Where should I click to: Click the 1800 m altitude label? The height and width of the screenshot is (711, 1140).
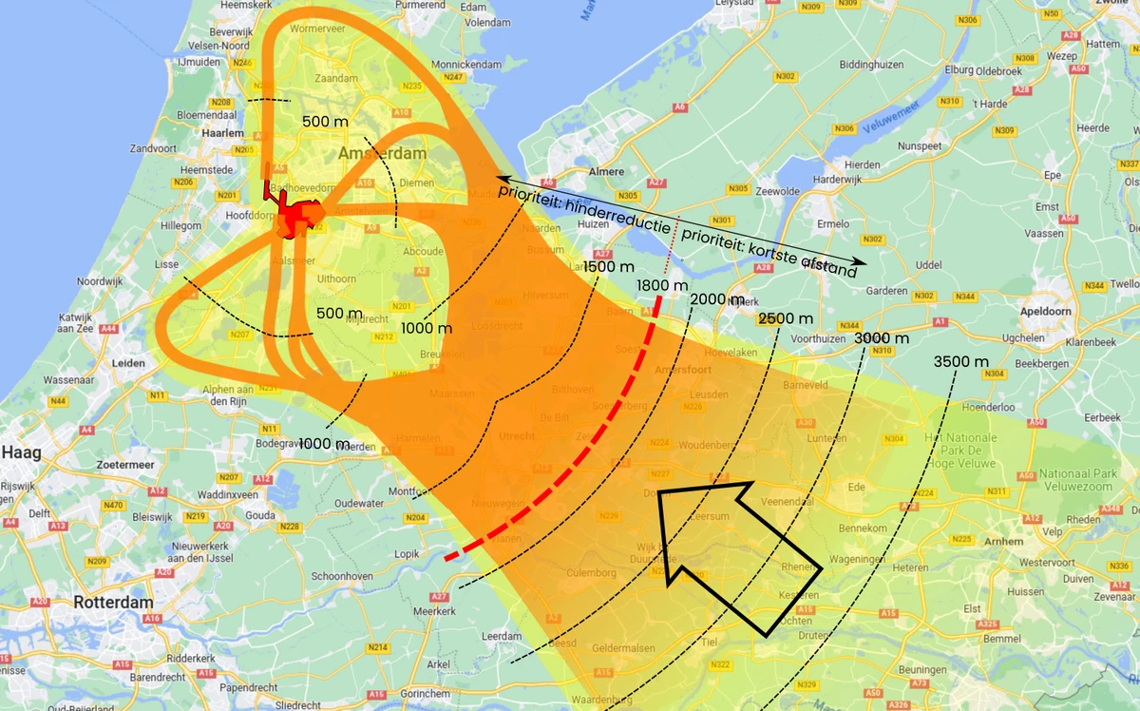click(662, 284)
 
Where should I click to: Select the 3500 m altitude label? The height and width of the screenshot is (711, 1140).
click(961, 361)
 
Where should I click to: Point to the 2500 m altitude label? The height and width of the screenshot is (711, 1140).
click(786, 317)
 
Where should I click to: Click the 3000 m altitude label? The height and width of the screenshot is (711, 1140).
click(881, 337)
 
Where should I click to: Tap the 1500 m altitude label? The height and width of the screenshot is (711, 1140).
click(608, 267)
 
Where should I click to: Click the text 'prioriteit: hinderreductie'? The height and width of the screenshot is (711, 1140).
click(584, 204)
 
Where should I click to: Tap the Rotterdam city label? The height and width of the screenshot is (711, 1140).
click(114, 603)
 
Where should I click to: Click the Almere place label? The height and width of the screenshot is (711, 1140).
click(608, 171)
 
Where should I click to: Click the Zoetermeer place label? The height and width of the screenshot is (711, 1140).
click(125, 464)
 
